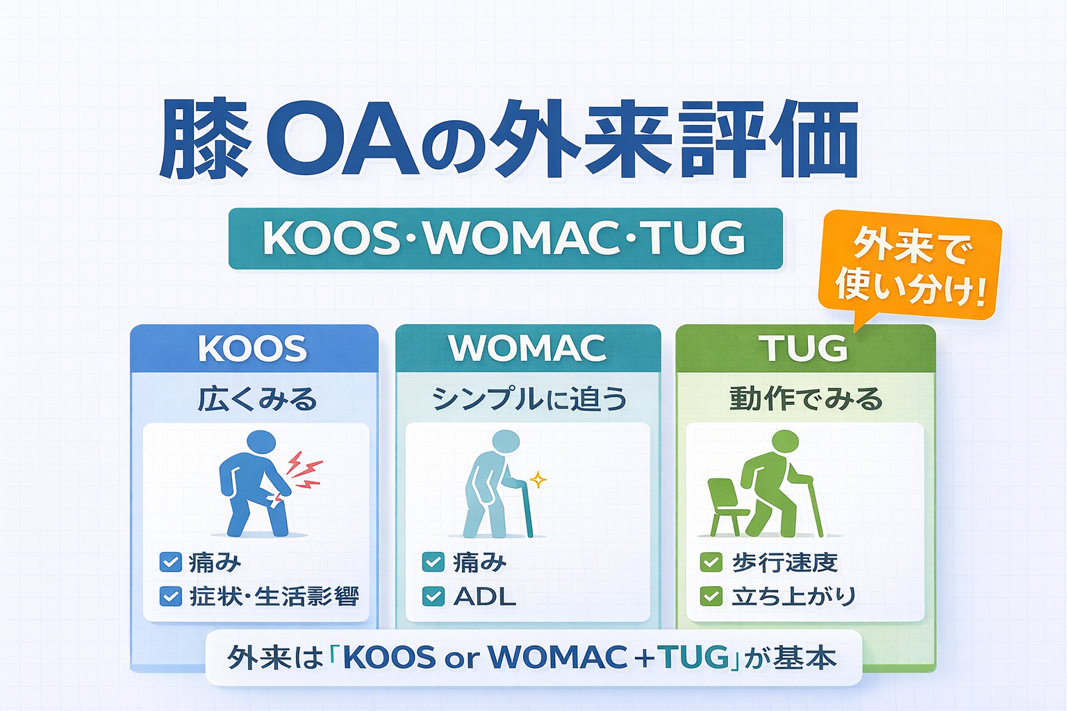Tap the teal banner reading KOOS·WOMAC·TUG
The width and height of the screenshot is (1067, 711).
(x=506, y=238)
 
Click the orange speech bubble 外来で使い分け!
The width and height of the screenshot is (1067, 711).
(x=910, y=267)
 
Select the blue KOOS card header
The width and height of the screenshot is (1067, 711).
(x=254, y=348)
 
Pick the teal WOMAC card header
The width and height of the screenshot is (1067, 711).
(x=528, y=348)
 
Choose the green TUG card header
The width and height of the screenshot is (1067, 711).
(x=806, y=348)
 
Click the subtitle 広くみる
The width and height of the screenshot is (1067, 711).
(x=258, y=399)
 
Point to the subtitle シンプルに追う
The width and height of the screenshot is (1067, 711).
(x=529, y=399)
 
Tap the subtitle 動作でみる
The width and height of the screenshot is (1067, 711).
(x=806, y=399)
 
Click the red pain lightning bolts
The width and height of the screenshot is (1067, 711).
(x=304, y=470)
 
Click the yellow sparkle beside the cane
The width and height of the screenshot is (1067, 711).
(x=538, y=480)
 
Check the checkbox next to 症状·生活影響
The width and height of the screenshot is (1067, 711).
(x=170, y=596)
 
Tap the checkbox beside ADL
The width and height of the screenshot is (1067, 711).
(x=433, y=596)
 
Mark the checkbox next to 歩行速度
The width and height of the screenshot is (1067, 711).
(x=711, y=562)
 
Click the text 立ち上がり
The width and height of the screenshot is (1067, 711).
(x=794, y=596)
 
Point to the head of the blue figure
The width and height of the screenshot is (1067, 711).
(x=261, y=445)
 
